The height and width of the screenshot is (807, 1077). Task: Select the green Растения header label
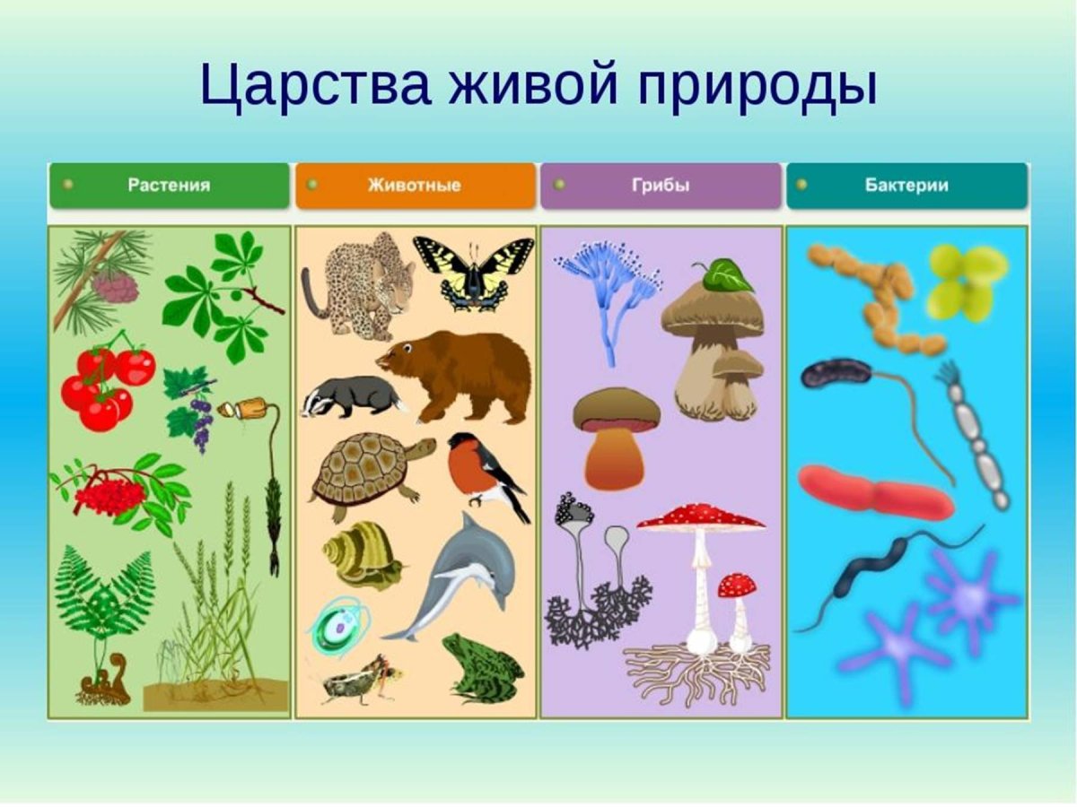pyautogui.click(x=169, y=186)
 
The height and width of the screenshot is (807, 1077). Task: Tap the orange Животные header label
pyautogui.click(x=414, y=186)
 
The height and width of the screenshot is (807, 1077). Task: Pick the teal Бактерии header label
pyautogui.click(x=906, y=186)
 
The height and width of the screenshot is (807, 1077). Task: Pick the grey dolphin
pyautogui.click(x=467, y=574)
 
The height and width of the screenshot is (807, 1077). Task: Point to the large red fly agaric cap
pyautogui.click(x=701, y=516)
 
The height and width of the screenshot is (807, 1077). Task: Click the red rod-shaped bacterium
pyautogui.click(x=875, y=493)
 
